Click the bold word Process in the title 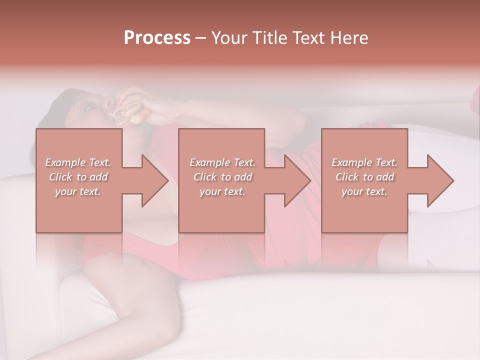point(157,38)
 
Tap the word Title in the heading point(270,38)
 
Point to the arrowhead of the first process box point(152,180)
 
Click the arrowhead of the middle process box point(295,180)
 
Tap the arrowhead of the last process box point(438,180)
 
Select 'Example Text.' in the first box point(78,162)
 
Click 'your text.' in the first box point(78,191)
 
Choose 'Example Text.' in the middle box point(222,162)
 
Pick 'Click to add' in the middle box point(222,177)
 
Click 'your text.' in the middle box point(222,191)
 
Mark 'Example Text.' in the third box point(364,162)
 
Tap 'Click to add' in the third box point(364,177)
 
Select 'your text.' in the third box point(364,191)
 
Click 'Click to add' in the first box point(78,177)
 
